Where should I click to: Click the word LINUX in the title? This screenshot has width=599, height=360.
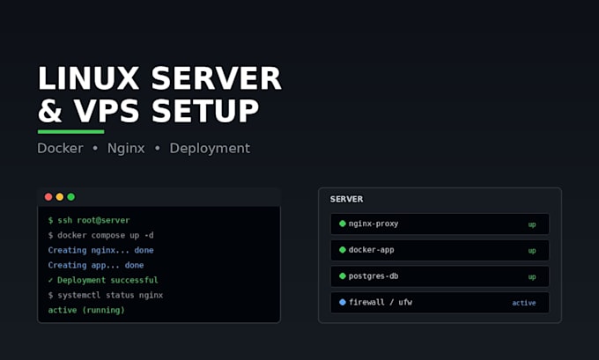[88, 78]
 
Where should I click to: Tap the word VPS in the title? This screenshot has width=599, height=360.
[107, 111]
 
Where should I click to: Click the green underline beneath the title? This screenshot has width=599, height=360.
[71, 132]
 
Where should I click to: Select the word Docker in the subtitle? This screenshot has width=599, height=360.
[60, 148]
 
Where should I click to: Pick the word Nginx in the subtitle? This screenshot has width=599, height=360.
[126, 149]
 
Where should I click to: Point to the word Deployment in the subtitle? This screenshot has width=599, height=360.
[210, 149]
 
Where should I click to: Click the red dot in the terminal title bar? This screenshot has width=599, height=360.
[48, 197]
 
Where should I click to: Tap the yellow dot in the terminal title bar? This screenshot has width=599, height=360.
[60, 197]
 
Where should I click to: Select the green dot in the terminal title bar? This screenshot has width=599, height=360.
[71, 197]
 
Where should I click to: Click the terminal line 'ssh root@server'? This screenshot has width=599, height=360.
[93, 220]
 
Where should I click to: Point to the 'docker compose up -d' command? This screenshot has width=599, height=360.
[106, 235]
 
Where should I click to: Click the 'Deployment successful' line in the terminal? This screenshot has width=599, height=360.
[107, 280]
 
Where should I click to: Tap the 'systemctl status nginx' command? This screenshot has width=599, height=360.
[110, 295]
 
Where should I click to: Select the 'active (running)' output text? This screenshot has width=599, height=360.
[86, 310]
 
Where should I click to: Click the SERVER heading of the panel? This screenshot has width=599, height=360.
[346, 199]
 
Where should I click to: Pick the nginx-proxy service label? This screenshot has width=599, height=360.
[373, 224]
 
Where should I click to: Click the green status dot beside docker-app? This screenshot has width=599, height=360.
[343, 250]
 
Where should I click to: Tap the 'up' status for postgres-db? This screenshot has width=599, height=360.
[532, 277]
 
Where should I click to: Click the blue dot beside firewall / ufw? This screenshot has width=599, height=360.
[343, 302]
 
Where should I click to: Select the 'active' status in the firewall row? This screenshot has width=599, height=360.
[524, 303]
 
